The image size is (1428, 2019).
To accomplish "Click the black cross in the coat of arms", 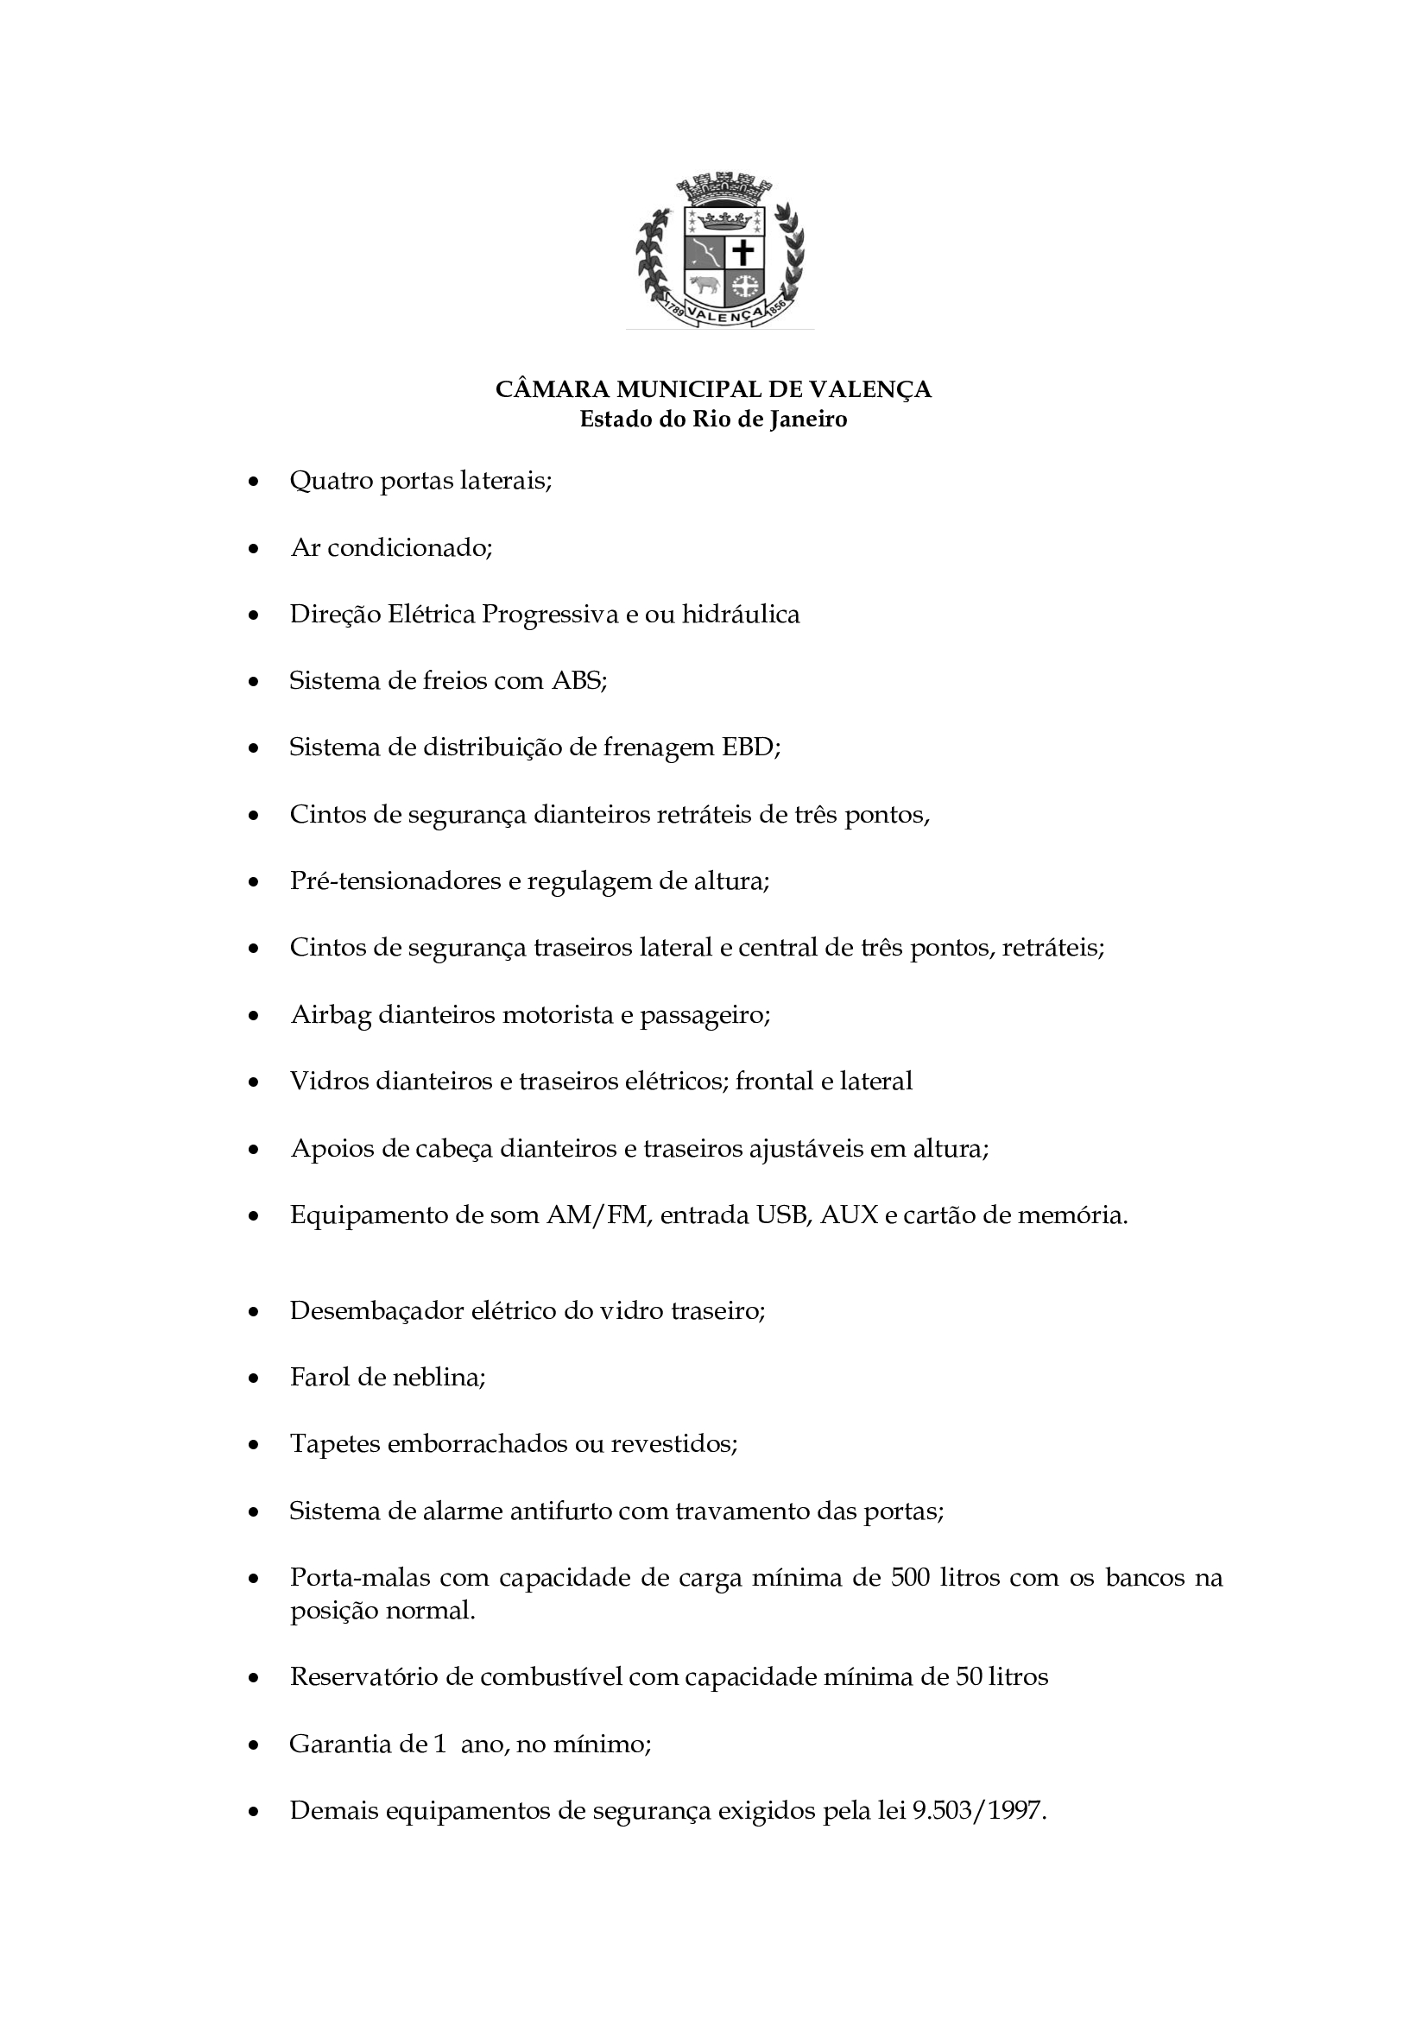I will pyautogui.click(x=743, y=252).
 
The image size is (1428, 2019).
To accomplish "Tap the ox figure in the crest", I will pyautogui.click(x=704, y=285).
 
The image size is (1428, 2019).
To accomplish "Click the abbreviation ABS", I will pyautogui.click(x=578, y=680).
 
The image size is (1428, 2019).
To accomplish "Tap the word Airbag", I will pyautogui.click(x=331, y=1015).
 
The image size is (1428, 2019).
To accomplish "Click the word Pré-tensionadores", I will pyautogui.click(x=395, y=881).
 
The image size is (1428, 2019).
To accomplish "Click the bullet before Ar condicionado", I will pyautogui.click(x=254, y=549).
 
